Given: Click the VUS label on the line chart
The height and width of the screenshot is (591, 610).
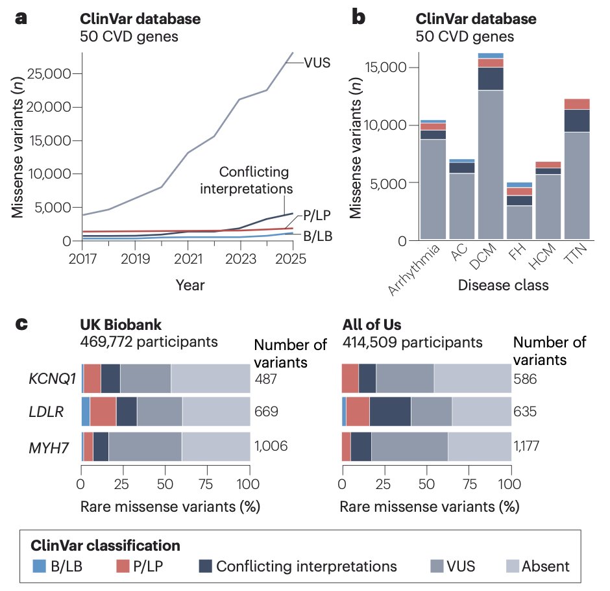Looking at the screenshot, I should pyautogui.click(x=317, y=63).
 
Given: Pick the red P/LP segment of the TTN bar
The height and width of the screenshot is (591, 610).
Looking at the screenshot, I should pyautogui.click(x=576, y=104).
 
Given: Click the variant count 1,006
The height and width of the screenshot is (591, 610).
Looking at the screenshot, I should pyautogui.click(x=271, y=446).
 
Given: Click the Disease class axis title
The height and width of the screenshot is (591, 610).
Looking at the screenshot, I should pyautogui.click(x=504, y=284).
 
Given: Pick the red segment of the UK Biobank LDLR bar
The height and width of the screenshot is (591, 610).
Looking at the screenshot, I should pyautogui.click(x=103, y=412).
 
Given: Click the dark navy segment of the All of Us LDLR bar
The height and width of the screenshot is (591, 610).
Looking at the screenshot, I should pyautogui.click(x=389, y=412).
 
